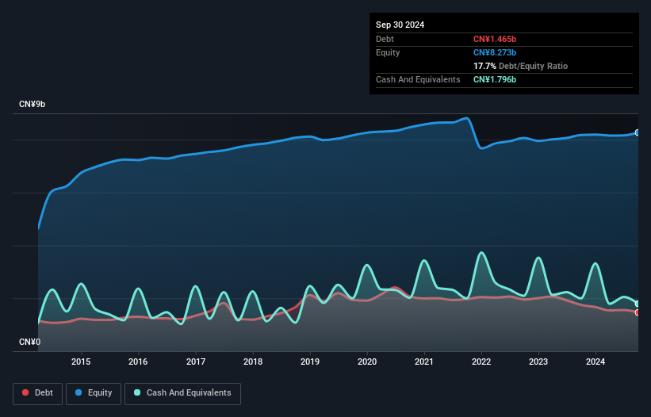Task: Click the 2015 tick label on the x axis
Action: point(81,362)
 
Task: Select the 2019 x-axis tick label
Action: point(310,362)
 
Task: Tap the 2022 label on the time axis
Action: point(481,362)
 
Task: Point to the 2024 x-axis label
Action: point(595,362)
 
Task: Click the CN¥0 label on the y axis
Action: point(30,342)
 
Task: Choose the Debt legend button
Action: point(39,392)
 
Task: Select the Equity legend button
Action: point(94,392)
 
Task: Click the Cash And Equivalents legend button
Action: point(182,392)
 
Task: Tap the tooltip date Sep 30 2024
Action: point(400,25)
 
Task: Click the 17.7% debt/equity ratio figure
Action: point(484,66)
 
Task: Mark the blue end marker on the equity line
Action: point(637,132)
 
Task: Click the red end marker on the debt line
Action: point(637,312)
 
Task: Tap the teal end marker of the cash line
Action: point(637,304)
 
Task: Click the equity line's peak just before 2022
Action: point(467,118)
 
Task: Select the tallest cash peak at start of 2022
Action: point(481,252)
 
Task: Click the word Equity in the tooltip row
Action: point(388,52)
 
